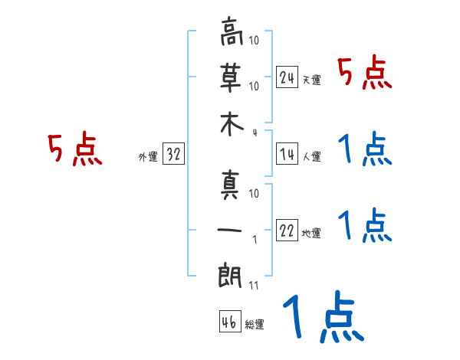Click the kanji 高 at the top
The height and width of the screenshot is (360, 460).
pos(232,32)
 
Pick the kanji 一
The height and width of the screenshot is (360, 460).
pos(232,227)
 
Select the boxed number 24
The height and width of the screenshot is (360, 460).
pos(287,77)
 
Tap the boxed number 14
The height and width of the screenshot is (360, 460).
pos(287,154)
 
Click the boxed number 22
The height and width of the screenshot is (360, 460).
pos(287,231)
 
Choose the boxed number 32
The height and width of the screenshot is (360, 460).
pos(173,154)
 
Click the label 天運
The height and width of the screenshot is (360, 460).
pos(311,80)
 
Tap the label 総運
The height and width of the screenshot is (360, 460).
pos(255,325)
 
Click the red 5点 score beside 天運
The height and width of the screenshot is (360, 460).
pos(365,74)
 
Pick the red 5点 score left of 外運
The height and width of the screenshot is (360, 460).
pos(74,150)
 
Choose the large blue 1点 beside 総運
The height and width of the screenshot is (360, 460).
pos(322,319)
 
